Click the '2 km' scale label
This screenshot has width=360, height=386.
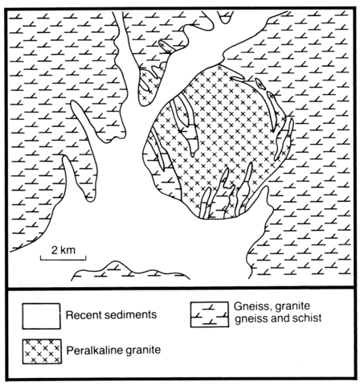(63, 250)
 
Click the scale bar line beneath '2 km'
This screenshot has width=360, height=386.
(63, 260)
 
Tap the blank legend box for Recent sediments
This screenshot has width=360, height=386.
(41, 316)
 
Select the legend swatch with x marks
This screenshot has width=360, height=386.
(42, 351)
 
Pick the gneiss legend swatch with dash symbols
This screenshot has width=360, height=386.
(210, 314)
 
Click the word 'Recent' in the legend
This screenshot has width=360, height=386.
(83, 314)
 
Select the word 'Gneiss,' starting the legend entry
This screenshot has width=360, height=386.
(252, 306)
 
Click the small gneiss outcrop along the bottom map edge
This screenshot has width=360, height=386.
(130, 271)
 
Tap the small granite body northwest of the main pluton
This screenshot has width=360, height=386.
(148, 86)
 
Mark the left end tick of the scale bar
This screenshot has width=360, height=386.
(40, 258)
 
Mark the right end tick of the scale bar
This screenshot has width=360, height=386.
(86, 258)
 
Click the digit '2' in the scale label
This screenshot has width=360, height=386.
(55, 250)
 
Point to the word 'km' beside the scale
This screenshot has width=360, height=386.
(68, 250)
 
